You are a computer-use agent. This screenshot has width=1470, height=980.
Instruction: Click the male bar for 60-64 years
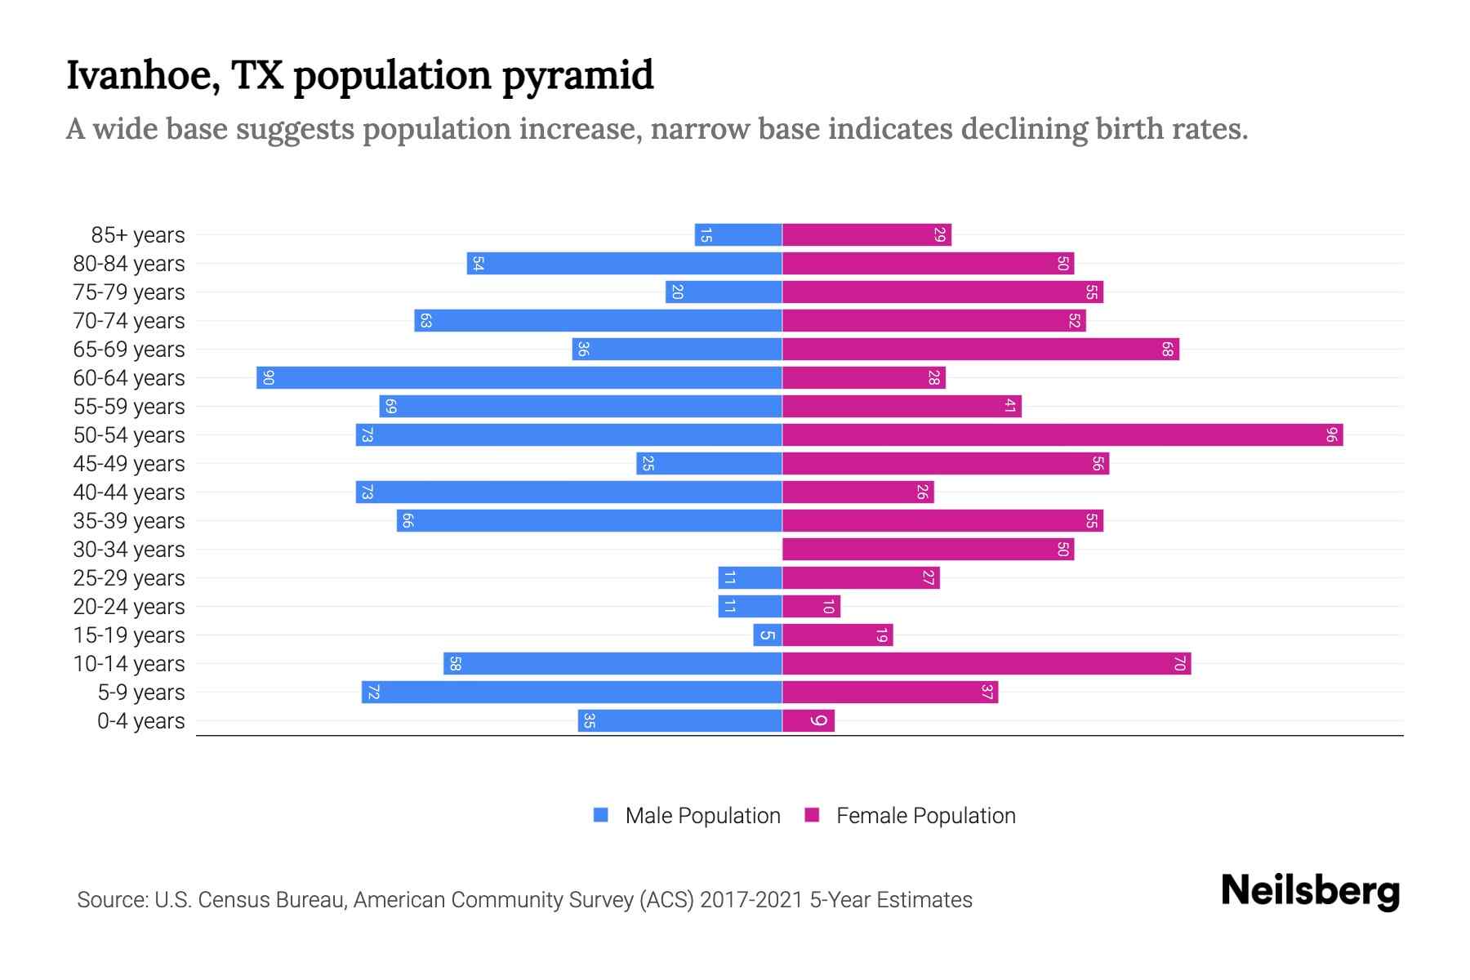(519, 377)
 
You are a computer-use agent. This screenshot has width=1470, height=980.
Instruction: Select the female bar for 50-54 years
(1062, 434)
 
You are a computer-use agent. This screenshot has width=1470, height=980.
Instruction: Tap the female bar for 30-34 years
(928, 549)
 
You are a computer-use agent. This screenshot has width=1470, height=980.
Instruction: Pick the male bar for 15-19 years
(768, 635)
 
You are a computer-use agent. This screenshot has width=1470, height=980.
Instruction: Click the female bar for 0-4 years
(808, 720)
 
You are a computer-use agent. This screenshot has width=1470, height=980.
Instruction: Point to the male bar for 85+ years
(738, 234)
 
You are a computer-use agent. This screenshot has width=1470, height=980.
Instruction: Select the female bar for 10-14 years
(987, 663)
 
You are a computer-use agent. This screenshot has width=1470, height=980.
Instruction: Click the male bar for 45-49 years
(709, 463)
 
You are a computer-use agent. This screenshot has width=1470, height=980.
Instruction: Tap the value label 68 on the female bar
(1168, 350)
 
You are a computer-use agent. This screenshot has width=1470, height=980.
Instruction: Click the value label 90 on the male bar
(268, 378)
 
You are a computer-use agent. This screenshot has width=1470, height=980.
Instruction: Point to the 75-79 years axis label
(129, 292)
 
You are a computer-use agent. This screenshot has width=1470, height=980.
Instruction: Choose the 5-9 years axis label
(140, 693)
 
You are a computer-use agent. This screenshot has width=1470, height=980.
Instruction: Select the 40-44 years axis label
(129, 492)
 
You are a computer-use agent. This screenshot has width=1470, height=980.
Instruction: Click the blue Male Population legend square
(601, 815)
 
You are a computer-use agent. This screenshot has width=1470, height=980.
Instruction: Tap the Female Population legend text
(925, 815)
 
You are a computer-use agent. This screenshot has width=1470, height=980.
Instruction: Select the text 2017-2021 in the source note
(751, 900)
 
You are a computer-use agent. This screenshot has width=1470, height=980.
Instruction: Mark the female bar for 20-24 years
(811, 606)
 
